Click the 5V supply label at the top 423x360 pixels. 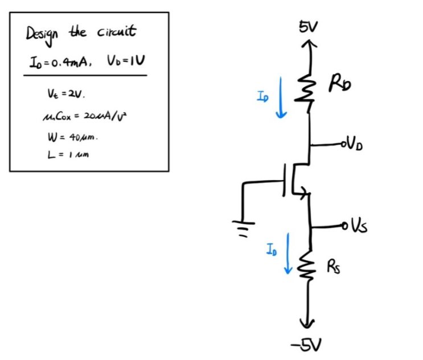[311, 27]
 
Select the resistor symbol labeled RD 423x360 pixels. [310, 89]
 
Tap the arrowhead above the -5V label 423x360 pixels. [310, 325]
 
